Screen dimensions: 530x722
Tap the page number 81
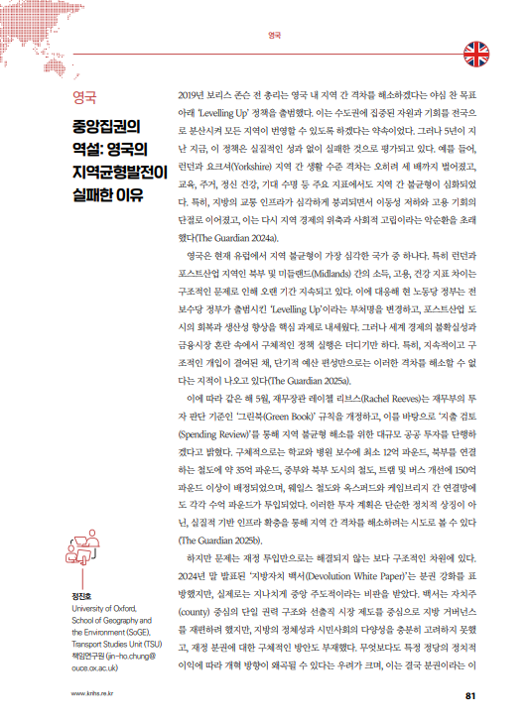(472, 694)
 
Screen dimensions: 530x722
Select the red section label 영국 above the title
(72, 97)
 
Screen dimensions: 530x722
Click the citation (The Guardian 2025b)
(219, 540)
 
